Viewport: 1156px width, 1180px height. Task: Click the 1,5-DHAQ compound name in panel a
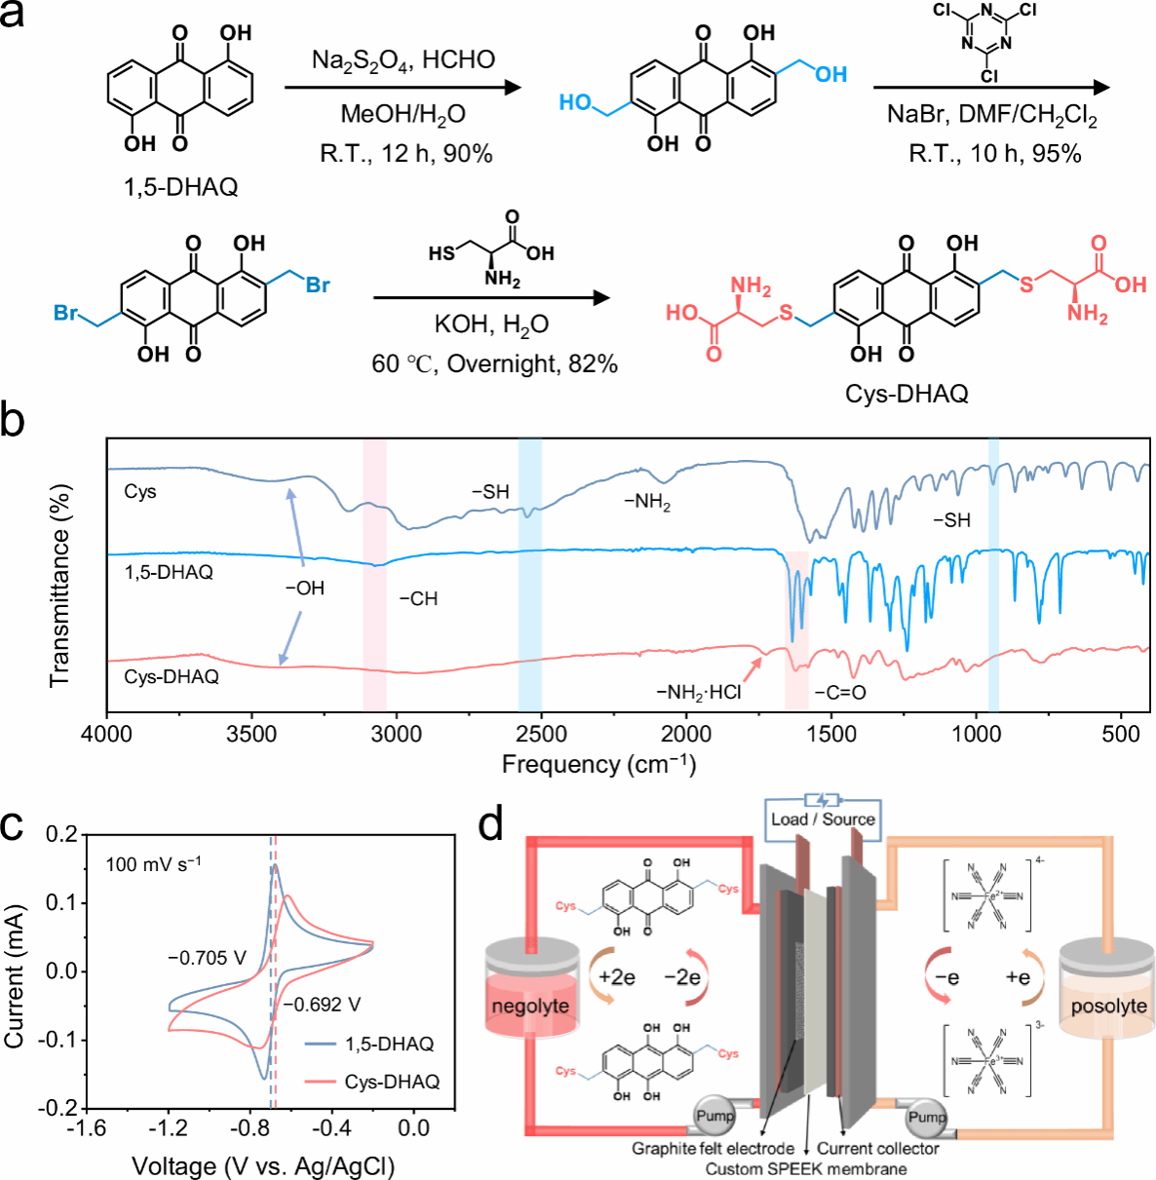tap(180, 186)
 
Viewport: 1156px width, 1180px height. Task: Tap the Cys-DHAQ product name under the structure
tap(906, 394)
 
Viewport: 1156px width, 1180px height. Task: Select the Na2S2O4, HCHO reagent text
tap(403, 60)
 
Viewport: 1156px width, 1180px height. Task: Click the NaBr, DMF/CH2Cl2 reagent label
tap(991, 116)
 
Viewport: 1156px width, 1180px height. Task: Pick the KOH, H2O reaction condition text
tap(491, 324)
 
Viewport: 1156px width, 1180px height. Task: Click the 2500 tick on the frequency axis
tap(541, 734)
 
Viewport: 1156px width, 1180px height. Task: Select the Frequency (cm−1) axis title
tap(598, 764)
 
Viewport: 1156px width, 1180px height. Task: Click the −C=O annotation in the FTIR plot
tap(840, 693)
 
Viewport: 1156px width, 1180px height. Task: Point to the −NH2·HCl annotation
tap(698, 693)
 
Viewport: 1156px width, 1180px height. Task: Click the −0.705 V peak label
tap(207, 958)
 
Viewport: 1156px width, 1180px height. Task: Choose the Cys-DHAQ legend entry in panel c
tap(392, 1082)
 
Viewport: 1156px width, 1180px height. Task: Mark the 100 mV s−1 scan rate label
tap(153, 863)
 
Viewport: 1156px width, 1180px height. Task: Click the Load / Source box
tap(823, 818)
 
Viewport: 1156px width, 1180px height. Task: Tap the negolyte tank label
tap(530, 1006)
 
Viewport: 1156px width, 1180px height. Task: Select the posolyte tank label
tap(1108, 1006)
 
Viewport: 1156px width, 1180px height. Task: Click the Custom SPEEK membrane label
tap(806, 1168)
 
